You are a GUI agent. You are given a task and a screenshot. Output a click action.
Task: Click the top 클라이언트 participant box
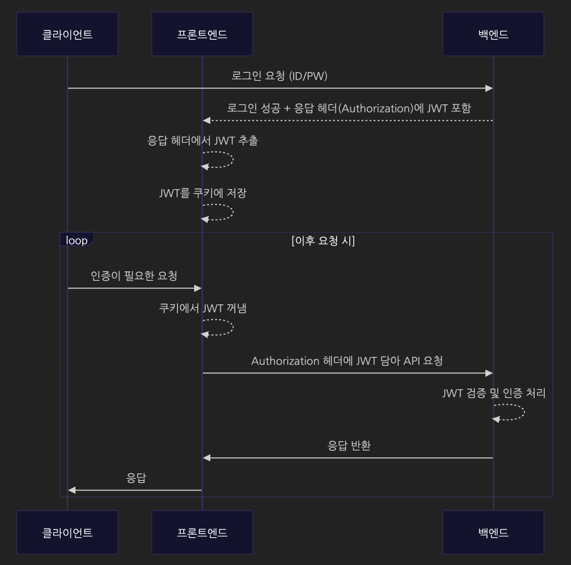pyautogui.click(x=67, y=34)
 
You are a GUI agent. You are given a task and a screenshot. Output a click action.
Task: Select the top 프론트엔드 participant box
pyautogui.click(x=202, y=34)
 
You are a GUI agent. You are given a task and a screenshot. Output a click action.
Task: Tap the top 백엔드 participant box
pyautogui.click(x=493, y=34)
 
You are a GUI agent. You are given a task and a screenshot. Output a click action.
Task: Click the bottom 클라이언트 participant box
pyautogui.click(x=67, y=532)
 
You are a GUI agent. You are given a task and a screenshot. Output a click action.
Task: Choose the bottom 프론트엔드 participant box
pyautogui.click(x=202, y=532)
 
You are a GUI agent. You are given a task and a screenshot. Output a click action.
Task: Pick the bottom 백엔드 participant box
pyautogui.click(x=493, y=532)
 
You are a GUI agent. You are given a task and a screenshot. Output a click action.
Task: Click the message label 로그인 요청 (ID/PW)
pyautogui.click(x=279, y=76)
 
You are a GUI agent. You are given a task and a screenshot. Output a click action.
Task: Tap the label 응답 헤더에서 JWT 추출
pyautogui.click(x=202, y=141)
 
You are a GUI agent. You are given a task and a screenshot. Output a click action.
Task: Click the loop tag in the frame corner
pyautogui.click(x=76, y=240)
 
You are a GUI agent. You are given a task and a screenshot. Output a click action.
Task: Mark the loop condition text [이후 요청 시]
pyautogui.click(x=323, y=241)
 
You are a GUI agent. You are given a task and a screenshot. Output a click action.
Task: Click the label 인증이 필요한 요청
pyautogui.click(x=134, y=275)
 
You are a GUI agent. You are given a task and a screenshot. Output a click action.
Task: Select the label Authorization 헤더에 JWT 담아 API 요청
pyautogui.click(x=347, y=361)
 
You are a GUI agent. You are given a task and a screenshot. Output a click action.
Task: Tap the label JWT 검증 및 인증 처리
pyautogui.click(x=493, y=393)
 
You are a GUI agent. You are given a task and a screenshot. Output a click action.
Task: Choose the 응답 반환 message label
pyautogui.click(x=349, y=445)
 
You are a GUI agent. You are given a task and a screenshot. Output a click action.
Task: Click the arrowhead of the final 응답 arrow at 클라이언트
pyautogui.click(x=72, y=490)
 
